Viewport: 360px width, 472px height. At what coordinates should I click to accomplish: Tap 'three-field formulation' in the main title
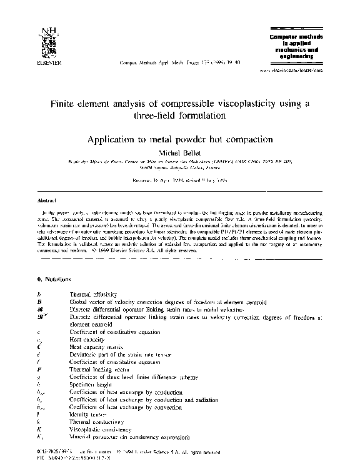click(180, 116)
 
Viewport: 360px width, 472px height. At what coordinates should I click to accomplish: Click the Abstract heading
click(42, 201)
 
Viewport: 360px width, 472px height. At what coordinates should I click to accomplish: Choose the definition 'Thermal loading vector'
click(96, 370)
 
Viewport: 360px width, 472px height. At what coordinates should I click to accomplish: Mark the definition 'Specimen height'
click(90, 385)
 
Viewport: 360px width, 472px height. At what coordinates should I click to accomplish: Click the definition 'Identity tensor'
click(89, 415)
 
